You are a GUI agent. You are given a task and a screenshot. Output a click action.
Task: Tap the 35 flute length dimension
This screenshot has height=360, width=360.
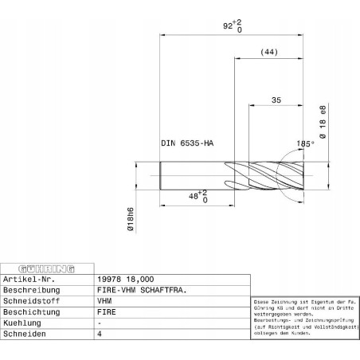pyautogui.click(x=276, y=101)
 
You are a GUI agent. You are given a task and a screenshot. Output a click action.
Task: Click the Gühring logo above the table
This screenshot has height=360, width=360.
pyautogui.click(x=45, y=268)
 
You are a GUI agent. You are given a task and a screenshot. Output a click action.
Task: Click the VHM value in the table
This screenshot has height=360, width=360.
pyautogui.click(x=105, y=303)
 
